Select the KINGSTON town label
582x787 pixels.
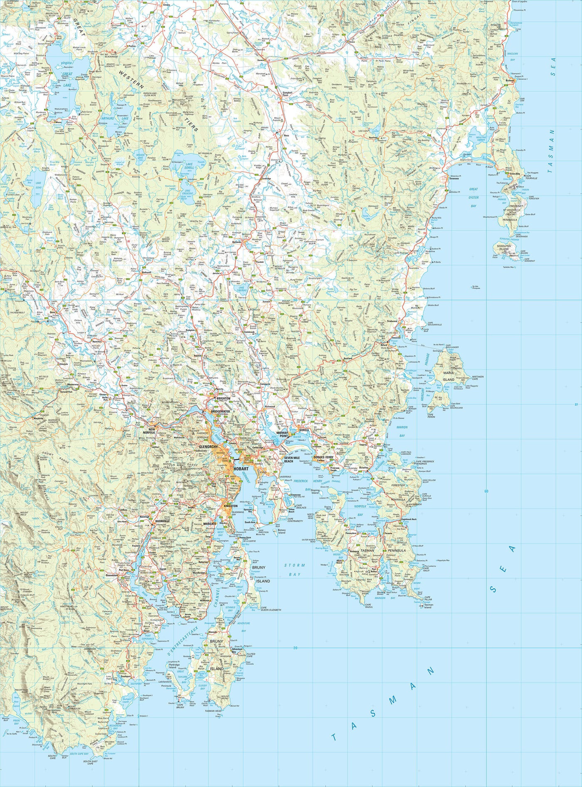click(x=230, y=506)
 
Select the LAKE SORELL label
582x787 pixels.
click(x=189, y=166)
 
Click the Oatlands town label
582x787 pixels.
click(x=237, y=242)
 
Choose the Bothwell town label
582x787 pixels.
click(x=146, y=272)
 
